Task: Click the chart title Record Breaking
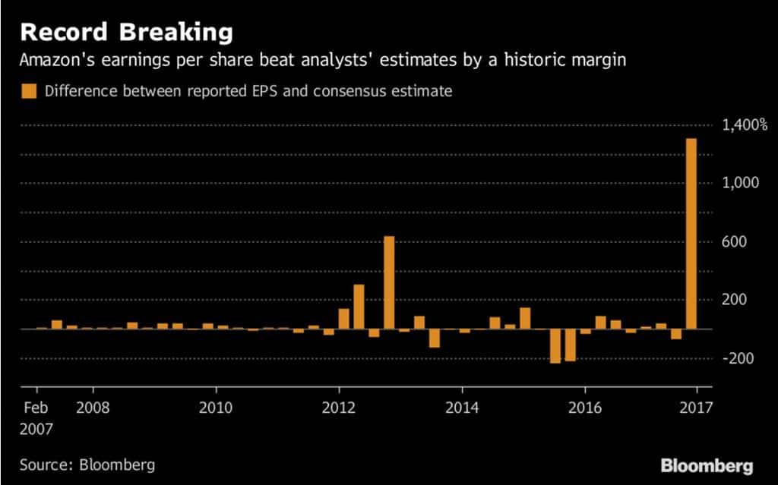[x=126, y=33]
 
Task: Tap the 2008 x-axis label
[x=93, y=408]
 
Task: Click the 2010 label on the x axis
[x=216, y=408]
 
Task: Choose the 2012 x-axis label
[x=339, y=408]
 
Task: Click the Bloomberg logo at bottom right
[x=707, y=465]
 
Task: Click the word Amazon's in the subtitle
[x=55, y=60]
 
